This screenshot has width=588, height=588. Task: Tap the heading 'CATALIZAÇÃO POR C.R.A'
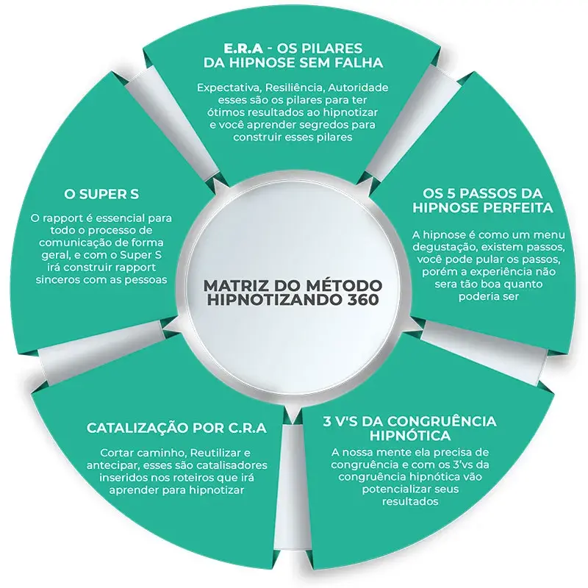pos(176,428)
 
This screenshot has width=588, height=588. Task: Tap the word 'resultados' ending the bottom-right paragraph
pos(410,501)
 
